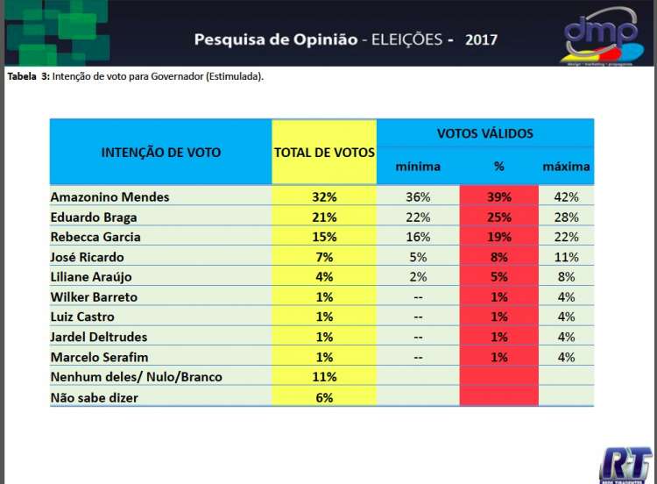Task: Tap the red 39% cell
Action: pos(498,197)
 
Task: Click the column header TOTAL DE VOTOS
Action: pos(324,153)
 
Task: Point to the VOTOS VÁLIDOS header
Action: pos(484,133)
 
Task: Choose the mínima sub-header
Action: pos(418,167)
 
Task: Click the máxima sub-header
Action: pos(566,167)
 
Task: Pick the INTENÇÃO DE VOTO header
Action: pos(161,153)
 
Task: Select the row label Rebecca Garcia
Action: pos(95,237)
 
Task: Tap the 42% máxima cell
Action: pos(566,197)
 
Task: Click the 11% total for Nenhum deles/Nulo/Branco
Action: pos(324,377)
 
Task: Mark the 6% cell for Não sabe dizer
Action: pos(324,397)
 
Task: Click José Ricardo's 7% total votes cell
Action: pos(324,257)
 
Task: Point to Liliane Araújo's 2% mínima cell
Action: pos(418,277)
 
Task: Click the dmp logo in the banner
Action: pos(601,35)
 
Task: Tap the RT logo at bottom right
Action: pos(625,464)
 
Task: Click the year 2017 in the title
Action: pos(481,40)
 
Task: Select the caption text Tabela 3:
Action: pos(28,76)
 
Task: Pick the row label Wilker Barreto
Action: pos(94,297)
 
